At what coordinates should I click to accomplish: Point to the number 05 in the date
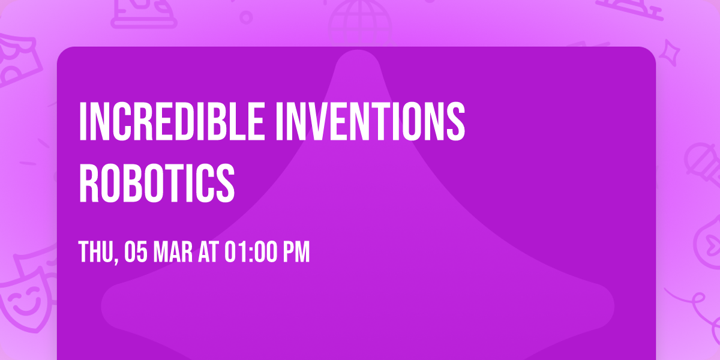point(137,253)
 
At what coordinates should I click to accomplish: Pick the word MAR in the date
point(175,253)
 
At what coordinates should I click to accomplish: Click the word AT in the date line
point(209,253)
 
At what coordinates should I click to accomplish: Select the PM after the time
point(296,253)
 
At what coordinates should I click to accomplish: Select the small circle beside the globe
point(246,17)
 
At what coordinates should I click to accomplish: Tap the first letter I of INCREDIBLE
point(83,122)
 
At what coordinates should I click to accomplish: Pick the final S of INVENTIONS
point(457,122)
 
